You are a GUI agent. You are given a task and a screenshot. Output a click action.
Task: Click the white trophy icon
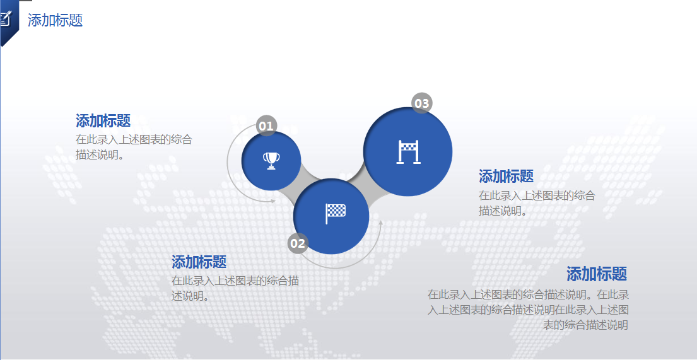coord(271,161)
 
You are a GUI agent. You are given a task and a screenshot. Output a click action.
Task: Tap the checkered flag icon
coord(335,214)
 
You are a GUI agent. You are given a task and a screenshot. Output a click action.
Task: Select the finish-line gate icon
coord(408,152)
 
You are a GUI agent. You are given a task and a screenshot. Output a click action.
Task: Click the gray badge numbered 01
coord(266,126)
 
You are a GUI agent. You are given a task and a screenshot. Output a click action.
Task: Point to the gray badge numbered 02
coord(298,243)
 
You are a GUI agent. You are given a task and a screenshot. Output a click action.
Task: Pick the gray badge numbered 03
coord(421,103)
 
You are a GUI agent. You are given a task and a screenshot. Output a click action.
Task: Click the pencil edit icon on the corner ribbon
coord(6,18)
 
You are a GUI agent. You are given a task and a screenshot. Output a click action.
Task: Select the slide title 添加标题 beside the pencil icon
coord(56,20)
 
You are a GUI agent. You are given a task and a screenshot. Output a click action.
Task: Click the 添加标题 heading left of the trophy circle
coord(103,120)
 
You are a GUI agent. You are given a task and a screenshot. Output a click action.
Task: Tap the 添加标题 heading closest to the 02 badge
coord(199,262)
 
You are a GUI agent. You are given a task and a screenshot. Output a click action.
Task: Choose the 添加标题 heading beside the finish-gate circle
coord(506,176)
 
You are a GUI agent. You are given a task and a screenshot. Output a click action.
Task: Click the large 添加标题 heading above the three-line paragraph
coord(596,274)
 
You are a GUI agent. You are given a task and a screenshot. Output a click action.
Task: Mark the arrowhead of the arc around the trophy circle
coord(273,201)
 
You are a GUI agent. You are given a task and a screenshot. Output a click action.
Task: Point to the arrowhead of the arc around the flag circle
coord(380,222)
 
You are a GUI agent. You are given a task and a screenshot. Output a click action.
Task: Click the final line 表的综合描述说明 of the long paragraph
coord(585,325)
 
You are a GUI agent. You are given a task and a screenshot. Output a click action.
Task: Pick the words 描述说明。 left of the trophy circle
coord(100,154)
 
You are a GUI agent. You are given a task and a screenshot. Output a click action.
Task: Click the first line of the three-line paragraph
coord(528,294)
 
